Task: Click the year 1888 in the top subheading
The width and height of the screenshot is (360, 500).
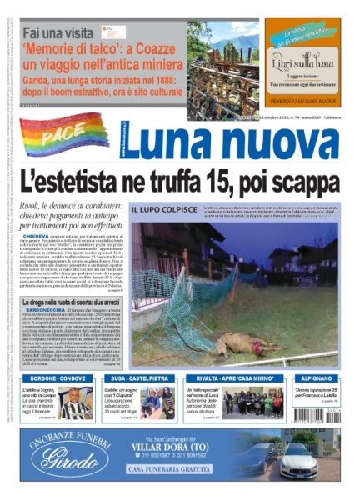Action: (167, 74)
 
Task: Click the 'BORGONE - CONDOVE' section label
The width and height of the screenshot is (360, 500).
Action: (52, 379)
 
